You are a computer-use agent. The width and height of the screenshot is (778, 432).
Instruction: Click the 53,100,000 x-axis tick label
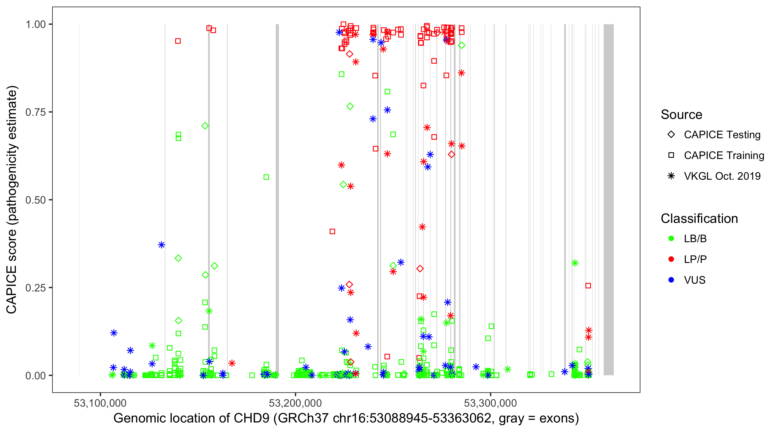pyautogui.click(x=100, y=403)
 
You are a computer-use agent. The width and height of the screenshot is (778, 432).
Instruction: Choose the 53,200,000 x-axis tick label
pyautogui.click(x=295, y=403)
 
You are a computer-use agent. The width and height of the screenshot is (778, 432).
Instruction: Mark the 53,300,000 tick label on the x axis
pyautogui.click(x=490, y=403)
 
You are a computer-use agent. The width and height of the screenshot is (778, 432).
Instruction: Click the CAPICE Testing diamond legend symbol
pyautogui.click(x=671, y=135)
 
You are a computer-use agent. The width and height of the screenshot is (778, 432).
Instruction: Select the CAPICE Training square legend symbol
pyautogui.click(x=671, y=155)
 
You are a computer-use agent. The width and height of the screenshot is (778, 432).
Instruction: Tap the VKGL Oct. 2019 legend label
pyautogui.click(x=722, y=176)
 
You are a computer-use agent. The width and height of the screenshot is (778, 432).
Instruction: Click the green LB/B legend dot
pyautogui.click(x=671, y=238)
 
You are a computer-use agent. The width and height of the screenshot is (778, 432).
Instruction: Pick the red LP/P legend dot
pyautogui.click(x=671, y=259)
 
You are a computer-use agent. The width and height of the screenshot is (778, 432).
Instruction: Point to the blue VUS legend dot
pyautogui.click(x=671, y=280)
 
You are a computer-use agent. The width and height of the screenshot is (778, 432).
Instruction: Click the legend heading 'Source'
pyautogui.click(x=681, y=115)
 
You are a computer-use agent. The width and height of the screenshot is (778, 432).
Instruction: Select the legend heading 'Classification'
pyautogui.click(x=699, y=219)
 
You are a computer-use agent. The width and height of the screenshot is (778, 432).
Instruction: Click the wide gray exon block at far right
pyautogui.click(x=608, y=199)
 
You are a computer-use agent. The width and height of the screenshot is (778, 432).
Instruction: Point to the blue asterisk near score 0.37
pyautogui.click(x=162, y=245)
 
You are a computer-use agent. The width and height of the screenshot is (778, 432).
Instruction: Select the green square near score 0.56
pyautogui.click(x=266, y=177)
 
